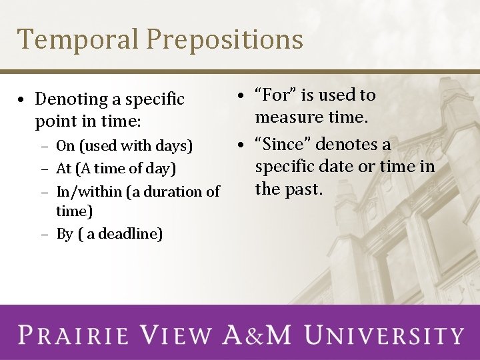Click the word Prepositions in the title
tap(225, 40)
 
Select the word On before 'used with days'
tap(65, 146)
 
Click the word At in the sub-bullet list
tap(64, 169)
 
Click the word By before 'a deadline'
tap(65, 234)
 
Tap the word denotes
tap(343, 145)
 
